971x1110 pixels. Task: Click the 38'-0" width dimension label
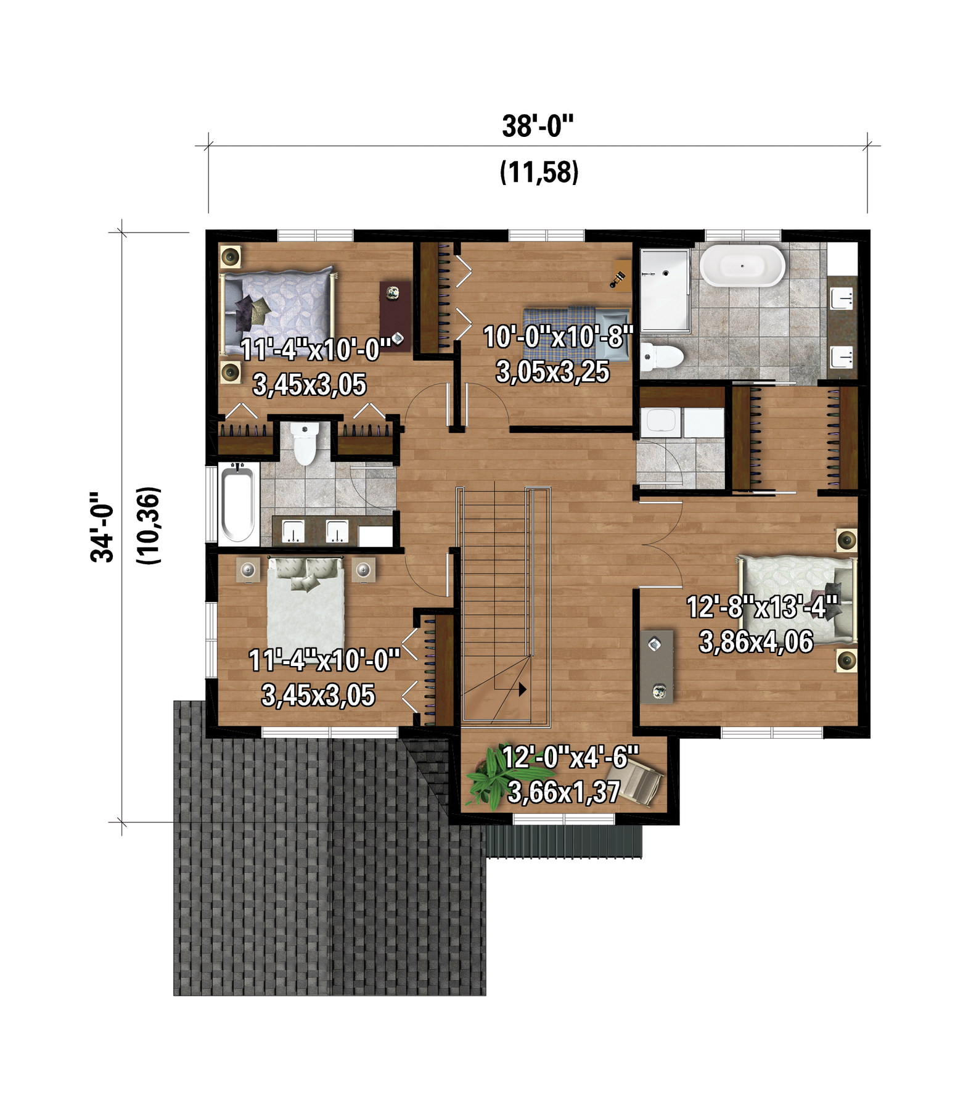(x=538, y=126)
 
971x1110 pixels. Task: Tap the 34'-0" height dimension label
(x=102, y=527)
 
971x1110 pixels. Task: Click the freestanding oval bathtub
(x=742, y=266)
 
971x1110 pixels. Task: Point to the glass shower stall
(x=665, y=290)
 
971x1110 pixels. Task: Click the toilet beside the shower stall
(x=662, y=357)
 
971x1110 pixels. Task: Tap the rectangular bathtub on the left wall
(x=238, y=504)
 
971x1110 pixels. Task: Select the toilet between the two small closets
(x=305, y=443)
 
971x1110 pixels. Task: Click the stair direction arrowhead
(x=523, y=689)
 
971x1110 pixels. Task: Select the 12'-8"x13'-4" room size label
(x=762, y=607)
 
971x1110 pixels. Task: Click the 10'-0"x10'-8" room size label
(x=559, y=337)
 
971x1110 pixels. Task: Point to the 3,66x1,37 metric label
(x=563, y=792)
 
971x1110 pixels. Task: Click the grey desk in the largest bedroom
(x=657, y=667)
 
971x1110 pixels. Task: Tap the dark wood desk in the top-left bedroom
(x=395, y=316)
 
